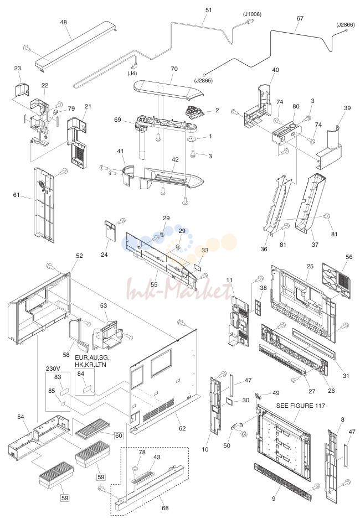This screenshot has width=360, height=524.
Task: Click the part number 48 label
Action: click(x=63, y=22)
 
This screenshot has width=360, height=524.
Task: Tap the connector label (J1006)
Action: click(x=252, y=14)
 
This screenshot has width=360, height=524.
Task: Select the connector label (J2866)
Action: click(x=346, y=25)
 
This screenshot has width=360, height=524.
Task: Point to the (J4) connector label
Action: click(x=132, y=74)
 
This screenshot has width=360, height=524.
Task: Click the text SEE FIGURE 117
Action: click(x=300, y=406)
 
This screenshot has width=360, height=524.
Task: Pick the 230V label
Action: click(x=53, y=369)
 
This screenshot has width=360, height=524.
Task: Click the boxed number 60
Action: click(x=119, y=435)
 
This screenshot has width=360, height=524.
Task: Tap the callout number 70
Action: click(x=174, y=69)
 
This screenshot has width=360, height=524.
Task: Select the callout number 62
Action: click(x=182, y=428)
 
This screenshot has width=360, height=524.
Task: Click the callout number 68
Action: click(x=165, y=508)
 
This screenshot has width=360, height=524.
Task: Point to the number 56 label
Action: click(x=349, y=257)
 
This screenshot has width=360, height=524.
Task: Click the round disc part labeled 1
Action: click(x=193, y=138)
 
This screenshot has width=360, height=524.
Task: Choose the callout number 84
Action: click(x=81, y=373)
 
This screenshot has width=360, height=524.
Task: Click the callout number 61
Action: click(x=17, y=195)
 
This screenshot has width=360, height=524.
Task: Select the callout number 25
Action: click(x=310, y=266)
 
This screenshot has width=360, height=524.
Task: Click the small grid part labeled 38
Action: click(x=257, y=307)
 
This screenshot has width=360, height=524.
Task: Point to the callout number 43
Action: click(x=157, y=457)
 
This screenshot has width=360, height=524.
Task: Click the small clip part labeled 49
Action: click(x=258, y=396)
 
